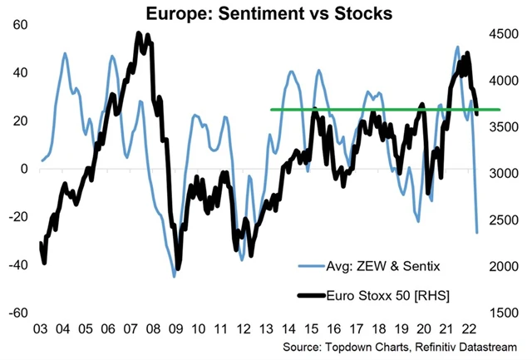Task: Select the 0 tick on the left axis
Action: tap(24, 169)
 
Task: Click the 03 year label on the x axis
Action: tap(39, 328)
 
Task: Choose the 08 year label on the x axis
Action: tap(153, 328)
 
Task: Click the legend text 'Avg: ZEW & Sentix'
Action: tap(371, 265)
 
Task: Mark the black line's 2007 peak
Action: tap(138, 34)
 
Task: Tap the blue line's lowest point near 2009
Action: tap(175, 275)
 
